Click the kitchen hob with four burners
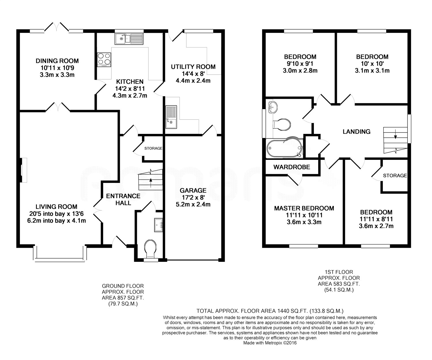click(x=104, y=60)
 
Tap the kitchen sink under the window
click(x=129, y=39)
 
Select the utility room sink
click(x=171, y=117)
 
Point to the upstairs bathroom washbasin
click(x=273, y=107)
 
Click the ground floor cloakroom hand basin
click(x=158, y=225)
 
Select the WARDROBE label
click(x=292, y=167)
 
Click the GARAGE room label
click(x=193, y=190)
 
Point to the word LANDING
click(x=357, y=132)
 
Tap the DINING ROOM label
click(x=57, y=61)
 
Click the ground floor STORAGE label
click(x=153, y=148)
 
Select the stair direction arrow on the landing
click(x=395, y=134)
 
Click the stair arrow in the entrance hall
click(x=151, y=183)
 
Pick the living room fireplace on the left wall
click(x=23, y=170)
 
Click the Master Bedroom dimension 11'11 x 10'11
click(x=304, y=215)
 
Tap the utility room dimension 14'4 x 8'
click(x=193, y=74)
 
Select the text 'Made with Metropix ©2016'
click(x=270, y=343)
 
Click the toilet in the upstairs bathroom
click(x=282, y=124)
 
